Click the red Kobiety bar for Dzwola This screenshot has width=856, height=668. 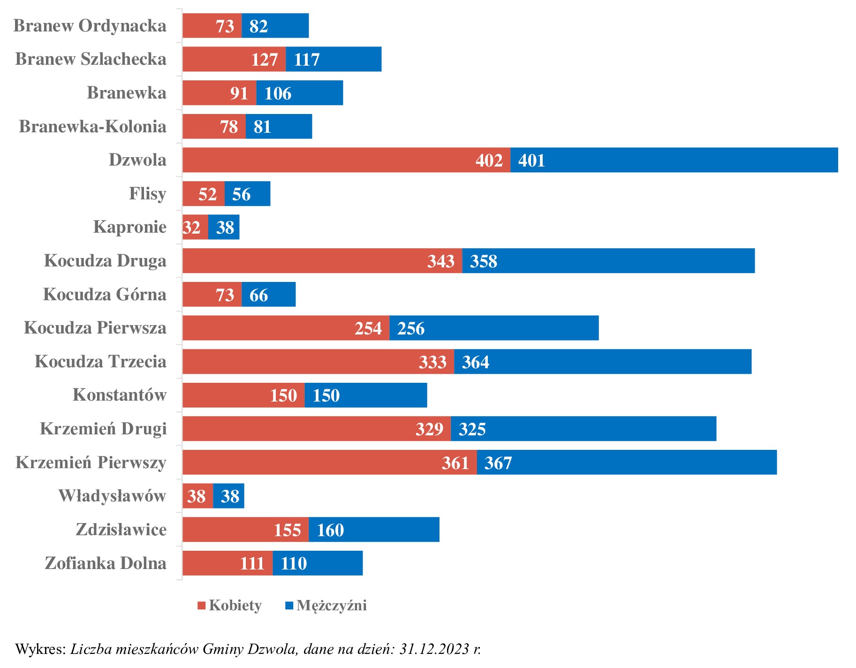[x=328, y=160]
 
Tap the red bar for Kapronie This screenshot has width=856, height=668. [x=195, y=228]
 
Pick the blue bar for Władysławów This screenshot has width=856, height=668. [x=229, y=496]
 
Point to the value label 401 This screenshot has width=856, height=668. [x=531, y=161]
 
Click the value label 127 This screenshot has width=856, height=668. [x=265, y=60]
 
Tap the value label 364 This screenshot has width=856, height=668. [x=475, y=362]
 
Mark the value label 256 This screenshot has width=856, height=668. [x=411, y=328]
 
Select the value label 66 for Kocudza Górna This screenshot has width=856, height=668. [x=258, y=295]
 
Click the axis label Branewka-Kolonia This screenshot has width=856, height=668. [x=92, y=127]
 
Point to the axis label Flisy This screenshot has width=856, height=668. [x=148, y=194]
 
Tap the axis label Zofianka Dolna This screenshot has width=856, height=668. [x=106, y=563]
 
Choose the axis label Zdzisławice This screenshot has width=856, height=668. [x=121, y=530]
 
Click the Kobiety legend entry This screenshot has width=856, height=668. [x=230, y=605]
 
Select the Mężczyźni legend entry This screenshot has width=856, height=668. [x=326, y=605]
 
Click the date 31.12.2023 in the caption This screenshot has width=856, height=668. [x=434, y=649]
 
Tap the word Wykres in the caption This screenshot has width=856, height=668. [x=40, y=649]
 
